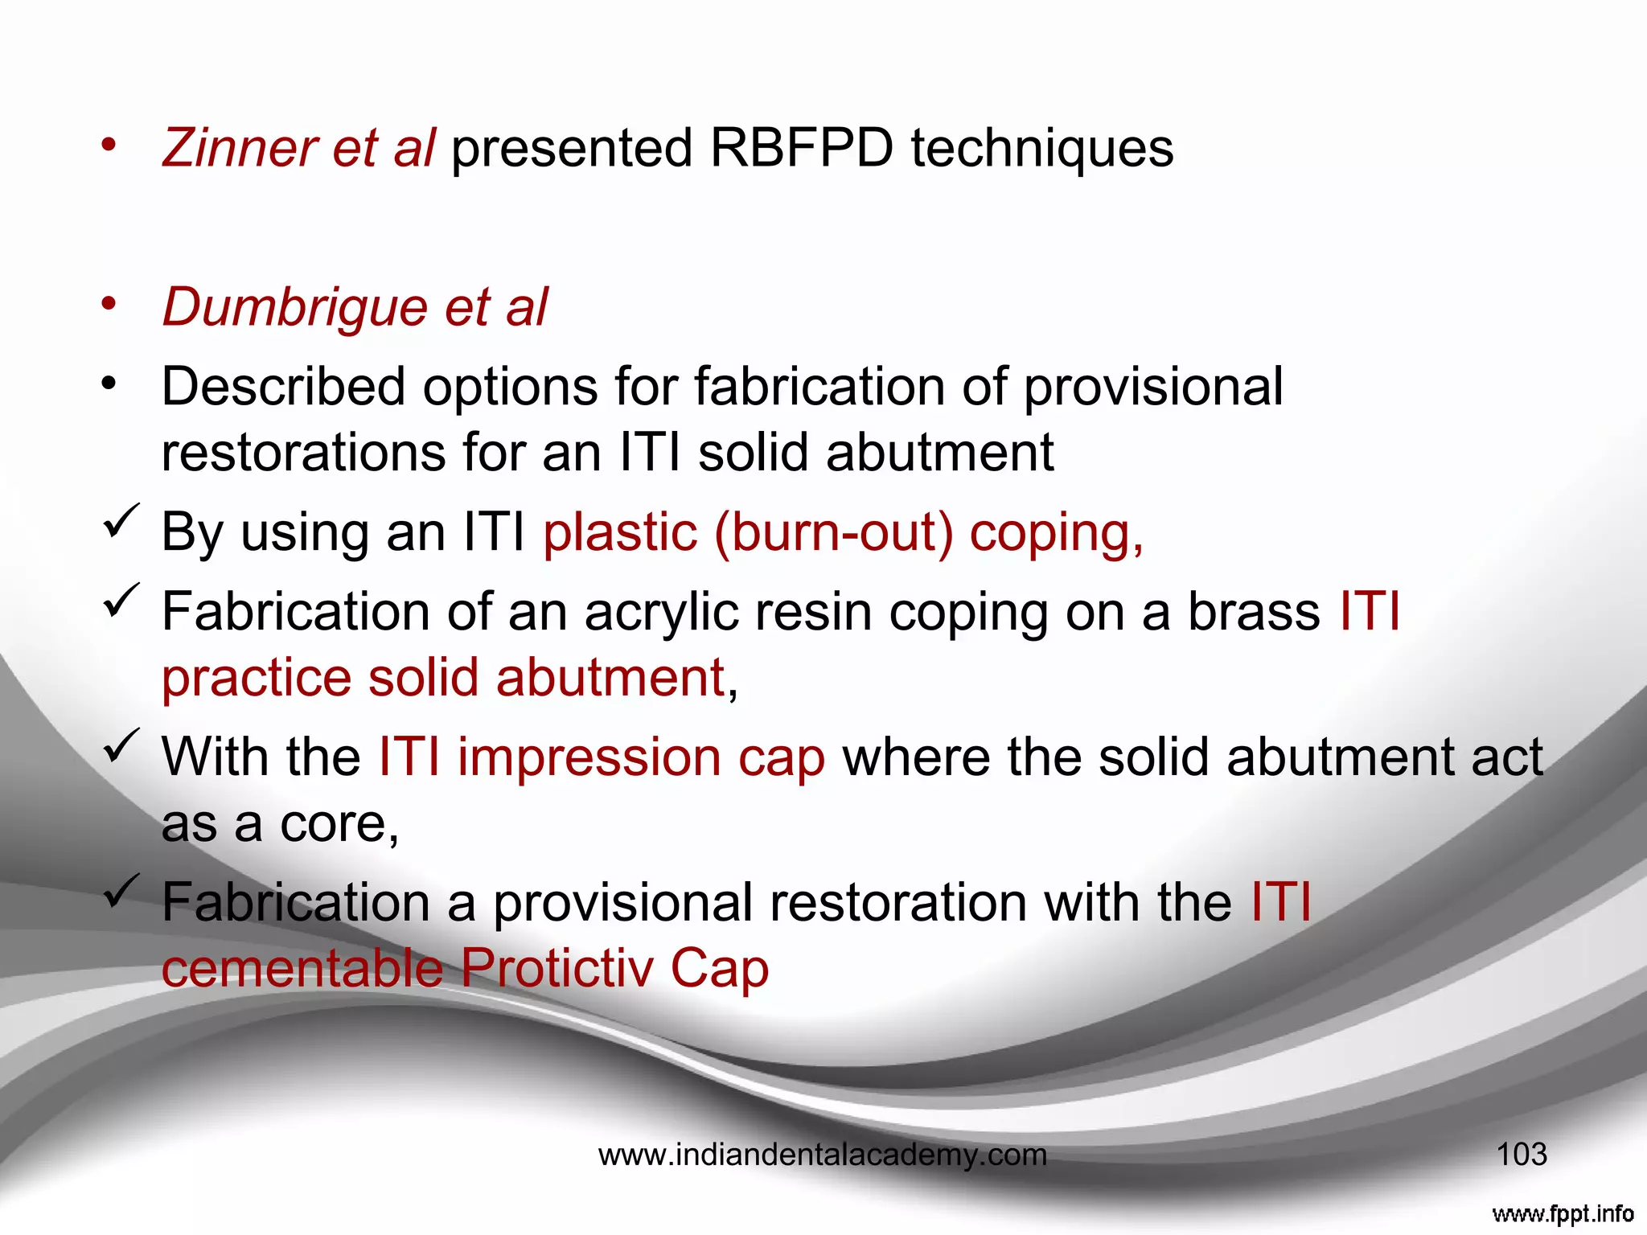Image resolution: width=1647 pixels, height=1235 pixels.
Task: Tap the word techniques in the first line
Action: (1041, 150)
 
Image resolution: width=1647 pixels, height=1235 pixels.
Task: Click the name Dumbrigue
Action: (294, 307)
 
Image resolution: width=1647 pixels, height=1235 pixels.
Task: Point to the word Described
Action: (283, 387)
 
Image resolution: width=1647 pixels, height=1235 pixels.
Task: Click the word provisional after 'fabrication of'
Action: (1153, 388)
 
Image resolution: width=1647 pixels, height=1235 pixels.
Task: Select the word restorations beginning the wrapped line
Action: (302, 453)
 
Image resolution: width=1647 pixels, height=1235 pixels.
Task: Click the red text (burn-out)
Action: (833, 533)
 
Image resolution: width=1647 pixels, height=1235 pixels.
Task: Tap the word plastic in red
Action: (620, 533)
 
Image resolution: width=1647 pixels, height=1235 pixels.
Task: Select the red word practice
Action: (257, 678)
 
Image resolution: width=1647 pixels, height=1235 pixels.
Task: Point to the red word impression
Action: (589, 757)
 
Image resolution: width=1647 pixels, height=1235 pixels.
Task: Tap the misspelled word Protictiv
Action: (557, 968)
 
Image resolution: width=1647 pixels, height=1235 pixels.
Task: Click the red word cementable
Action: (302, 968)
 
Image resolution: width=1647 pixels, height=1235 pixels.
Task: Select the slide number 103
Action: (1521, 1155)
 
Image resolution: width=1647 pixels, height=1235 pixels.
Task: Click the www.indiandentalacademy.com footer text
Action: (823, 1155)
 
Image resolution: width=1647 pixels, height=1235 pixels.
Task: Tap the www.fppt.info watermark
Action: (1562, 1212)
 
